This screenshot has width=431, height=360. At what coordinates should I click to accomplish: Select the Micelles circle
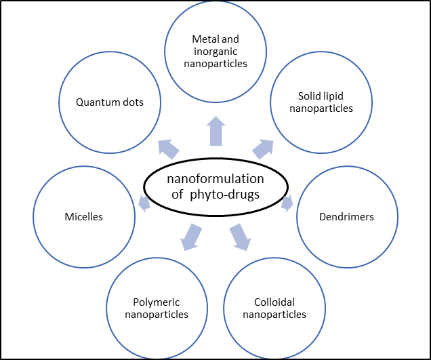point(84,218)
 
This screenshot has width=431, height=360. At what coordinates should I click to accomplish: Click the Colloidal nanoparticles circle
point(274,308)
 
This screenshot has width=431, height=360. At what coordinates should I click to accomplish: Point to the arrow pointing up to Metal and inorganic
point(215,131)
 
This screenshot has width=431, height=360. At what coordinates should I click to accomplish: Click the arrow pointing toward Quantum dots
point(167,148)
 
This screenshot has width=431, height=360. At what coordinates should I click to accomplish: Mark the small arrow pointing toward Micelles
point(144,202)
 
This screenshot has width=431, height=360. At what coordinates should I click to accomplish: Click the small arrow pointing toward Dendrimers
point(287,202)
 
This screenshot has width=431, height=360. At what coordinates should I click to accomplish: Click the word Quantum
point(97,103)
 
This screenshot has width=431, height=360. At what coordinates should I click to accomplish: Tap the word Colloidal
point(274,302)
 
